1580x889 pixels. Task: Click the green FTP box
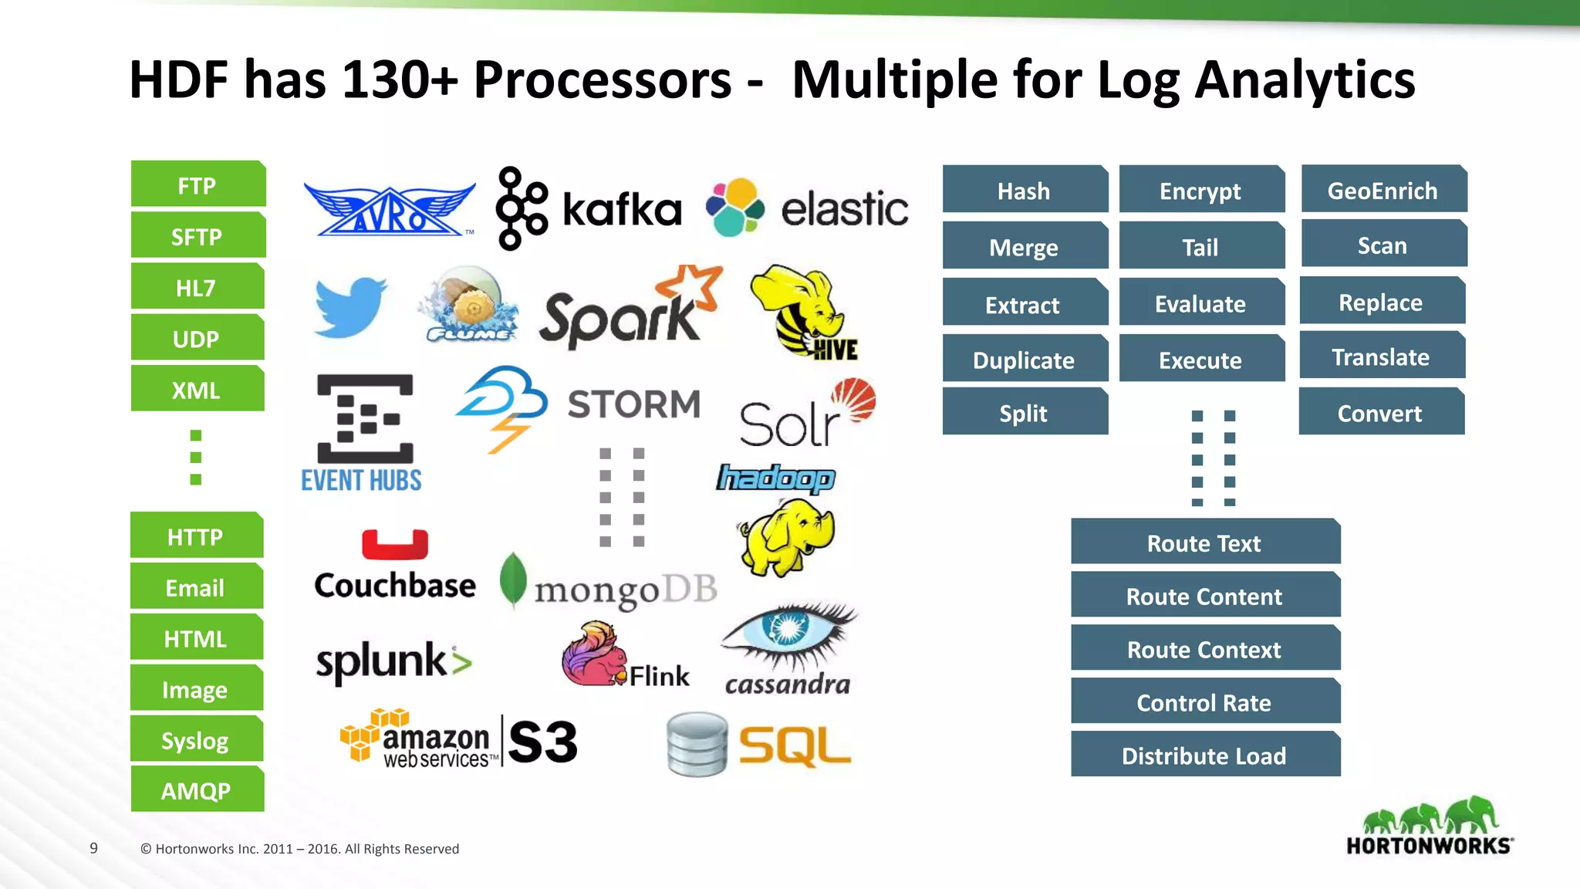[x=197, y=185]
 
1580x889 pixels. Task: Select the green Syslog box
[x=196, y=740]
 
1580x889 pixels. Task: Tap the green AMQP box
[x=197, y=790]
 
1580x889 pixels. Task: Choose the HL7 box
[x=197, y=287]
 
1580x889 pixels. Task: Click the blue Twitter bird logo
[x=349, y=306]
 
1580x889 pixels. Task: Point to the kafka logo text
[x=622, y=210]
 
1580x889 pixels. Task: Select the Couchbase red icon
[x=395, y=544]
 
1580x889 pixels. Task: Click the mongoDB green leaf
[x=513, y=580]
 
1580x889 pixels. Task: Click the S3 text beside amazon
[x=542, y=742]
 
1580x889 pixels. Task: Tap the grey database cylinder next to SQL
[x=697, y=744]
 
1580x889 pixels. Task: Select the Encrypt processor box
[x=1201, y=190]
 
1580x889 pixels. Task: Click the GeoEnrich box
[x=1383, y=190]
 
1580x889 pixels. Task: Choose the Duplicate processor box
[x=1025, y=360]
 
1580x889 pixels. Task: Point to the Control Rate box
[x=1205, y=702]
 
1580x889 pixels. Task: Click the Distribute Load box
[x=1205, y=755]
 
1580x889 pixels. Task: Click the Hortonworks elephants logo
[x=1430, y=816]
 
